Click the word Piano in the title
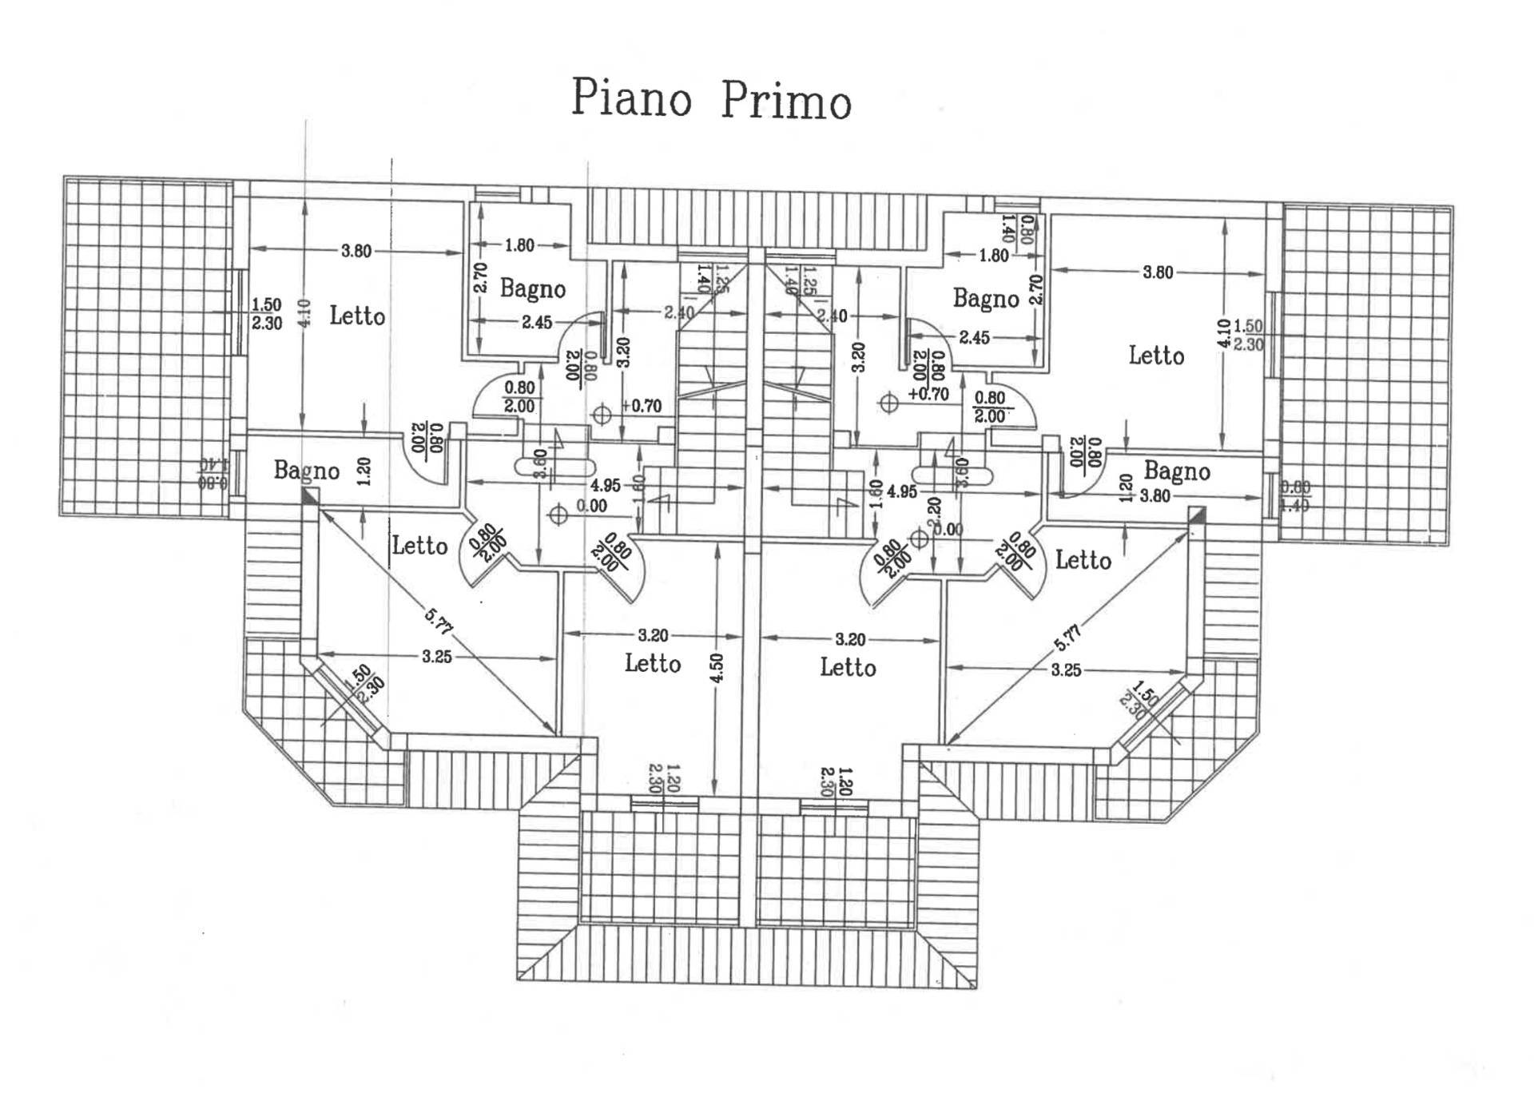[631, 98]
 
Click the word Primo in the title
[786, 102]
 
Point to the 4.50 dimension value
[717, 667]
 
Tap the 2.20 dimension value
[934, 508]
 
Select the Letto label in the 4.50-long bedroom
[653, 663]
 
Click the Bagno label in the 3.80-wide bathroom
[1176, 471]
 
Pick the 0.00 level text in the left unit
[591, 506]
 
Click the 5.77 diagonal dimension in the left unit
[439, 622]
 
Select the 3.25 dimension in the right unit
[1066, 670]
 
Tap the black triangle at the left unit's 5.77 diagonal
[308, 497]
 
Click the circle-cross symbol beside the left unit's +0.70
[602, 415]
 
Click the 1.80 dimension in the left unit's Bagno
[519, 245]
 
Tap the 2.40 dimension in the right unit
[832, 316]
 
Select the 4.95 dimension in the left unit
[605, 485]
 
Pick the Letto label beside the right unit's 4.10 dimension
[1156, 355]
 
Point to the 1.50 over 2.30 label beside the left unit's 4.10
[267, 314]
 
